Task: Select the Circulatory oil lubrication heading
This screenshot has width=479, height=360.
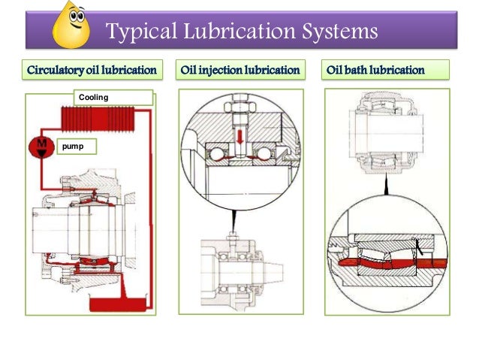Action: (x=92, y=71)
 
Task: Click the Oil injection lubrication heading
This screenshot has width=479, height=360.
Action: (x=240, y=71)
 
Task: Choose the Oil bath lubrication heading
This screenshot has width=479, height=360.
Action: (x=375, y=71)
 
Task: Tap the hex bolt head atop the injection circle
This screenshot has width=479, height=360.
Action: (x=238, y=98)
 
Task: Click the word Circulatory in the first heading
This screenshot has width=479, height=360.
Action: (x=56, y=71)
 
